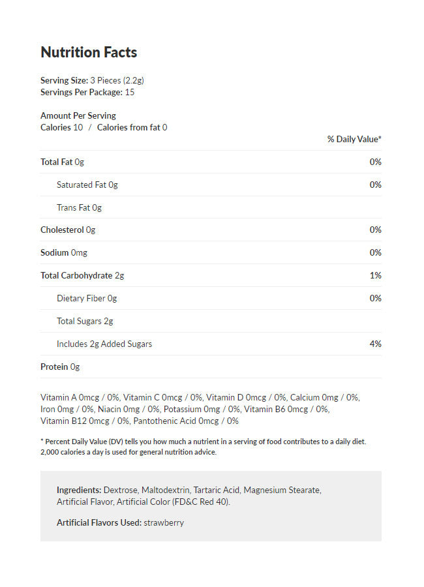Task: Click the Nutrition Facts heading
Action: click(89, 52)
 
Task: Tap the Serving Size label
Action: click(64, 80)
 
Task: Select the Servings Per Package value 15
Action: click(130, 92)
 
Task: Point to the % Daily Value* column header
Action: click(354, 139)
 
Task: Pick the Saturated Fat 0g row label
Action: click(87, 185)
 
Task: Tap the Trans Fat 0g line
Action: click(79, 207)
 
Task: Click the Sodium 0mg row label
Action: click(63, 252)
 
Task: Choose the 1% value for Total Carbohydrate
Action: click(375, 275)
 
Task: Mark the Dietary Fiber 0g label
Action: click(87, 298)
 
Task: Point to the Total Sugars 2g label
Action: click(85, 321)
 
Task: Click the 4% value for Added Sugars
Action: click(375, 344)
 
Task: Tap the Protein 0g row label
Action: click(60, 367)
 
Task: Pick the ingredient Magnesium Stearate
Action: click(282, 489)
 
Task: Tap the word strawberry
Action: click(164, 522)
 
